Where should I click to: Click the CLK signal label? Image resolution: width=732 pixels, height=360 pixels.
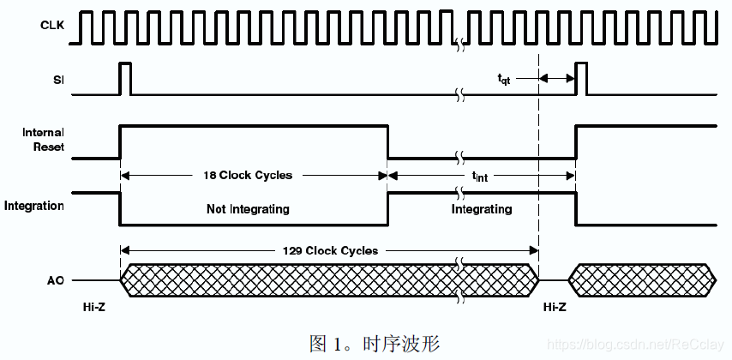point(52,25)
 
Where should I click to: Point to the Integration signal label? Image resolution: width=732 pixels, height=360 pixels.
point(34,206)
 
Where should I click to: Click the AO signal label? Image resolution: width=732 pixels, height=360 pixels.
point(56,279)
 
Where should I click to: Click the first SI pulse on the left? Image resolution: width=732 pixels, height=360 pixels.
point(125,78)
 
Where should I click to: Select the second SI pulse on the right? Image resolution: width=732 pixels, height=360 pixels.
point(581,78)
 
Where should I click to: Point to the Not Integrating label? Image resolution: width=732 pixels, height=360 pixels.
point(248,209)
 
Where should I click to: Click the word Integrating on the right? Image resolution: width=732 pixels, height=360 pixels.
point(482,209)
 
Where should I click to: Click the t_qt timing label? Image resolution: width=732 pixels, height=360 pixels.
point(505,78)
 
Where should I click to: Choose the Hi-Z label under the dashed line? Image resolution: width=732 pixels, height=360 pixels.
point(555,306)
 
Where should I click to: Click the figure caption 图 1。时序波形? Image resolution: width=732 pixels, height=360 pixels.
point(374,344)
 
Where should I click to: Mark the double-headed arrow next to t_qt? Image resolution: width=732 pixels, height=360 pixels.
point(557,78)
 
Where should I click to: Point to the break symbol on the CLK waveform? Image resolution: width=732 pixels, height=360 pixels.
point(460,41)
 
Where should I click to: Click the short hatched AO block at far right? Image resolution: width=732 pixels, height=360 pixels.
point(642,279)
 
